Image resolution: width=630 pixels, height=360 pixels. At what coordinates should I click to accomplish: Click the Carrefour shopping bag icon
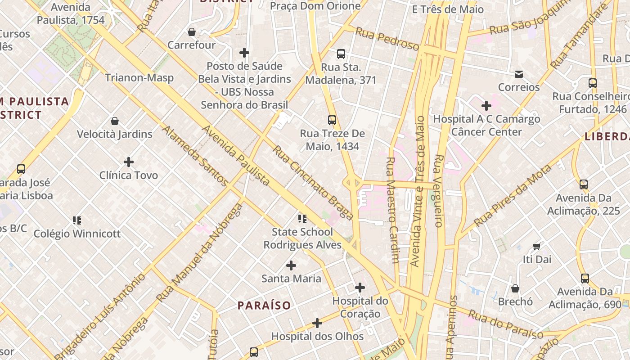point(192,32)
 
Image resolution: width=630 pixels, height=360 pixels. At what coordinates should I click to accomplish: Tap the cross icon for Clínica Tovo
point(129,162)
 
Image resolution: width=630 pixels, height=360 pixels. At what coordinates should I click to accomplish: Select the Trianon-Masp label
point(139,78)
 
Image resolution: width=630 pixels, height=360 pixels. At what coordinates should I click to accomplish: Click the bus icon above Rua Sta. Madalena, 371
point(341,54)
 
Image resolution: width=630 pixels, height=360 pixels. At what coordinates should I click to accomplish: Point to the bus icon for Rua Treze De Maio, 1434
point(332,120)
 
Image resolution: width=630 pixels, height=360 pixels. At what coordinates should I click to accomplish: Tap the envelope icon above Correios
point(519,74)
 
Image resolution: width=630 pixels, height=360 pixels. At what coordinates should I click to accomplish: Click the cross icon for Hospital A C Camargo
point(486,106)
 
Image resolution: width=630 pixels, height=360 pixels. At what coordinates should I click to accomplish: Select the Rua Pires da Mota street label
point(513,196)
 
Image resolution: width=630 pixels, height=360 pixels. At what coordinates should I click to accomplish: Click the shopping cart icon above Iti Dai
point(536,246)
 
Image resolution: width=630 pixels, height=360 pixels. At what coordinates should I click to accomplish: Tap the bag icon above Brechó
point(515,288)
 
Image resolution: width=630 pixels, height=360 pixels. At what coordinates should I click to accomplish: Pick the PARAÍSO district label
point(264,306)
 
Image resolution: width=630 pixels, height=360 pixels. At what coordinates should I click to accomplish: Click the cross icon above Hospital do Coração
point(360,287)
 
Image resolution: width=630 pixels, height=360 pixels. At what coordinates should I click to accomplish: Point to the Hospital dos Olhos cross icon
point(317,323)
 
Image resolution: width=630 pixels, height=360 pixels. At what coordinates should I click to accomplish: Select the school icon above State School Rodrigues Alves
point(302,219)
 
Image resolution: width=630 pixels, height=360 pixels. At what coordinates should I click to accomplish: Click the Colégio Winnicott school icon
point(77,220)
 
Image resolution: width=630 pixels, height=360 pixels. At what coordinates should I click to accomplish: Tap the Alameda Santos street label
point(194,155)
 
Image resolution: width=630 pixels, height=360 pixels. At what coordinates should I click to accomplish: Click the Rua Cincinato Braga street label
point(312,183)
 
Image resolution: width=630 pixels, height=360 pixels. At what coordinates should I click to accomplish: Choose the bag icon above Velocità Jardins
point(115,121)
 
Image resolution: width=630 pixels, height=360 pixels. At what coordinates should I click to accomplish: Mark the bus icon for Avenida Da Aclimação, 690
point(585,279)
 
